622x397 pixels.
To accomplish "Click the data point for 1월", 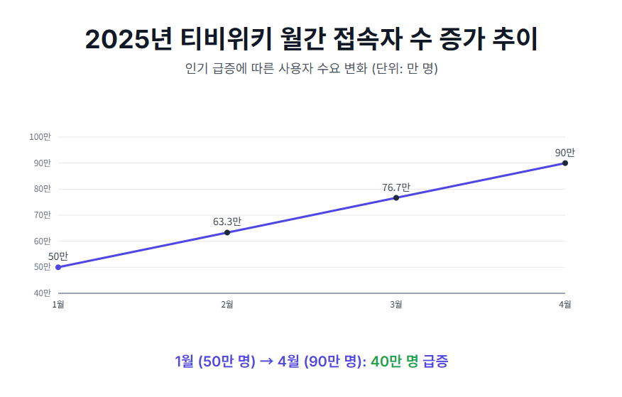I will pos(58,267).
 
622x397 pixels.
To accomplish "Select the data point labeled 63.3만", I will pos(227,232).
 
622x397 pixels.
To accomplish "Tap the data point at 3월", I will pos(396,197).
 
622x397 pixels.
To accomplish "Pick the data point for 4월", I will pos(565,163).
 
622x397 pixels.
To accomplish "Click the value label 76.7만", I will pos(396,187).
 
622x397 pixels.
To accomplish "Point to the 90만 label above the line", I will pos(565,153).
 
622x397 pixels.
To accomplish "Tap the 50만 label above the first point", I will pos(58,256).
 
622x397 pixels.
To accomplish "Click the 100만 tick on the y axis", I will pos(40,137).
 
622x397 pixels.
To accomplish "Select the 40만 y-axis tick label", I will pos(43,293).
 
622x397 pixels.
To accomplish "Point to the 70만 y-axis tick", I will pos(43,215).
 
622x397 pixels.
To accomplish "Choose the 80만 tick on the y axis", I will pos(43,189).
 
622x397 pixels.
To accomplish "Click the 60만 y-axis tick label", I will pos(43,241).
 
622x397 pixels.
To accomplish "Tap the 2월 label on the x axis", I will pos(227,305).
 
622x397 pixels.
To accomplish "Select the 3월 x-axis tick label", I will pos(396,305).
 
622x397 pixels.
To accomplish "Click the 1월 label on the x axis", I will pos(58,305).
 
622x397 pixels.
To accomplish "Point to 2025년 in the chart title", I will pos(129,40).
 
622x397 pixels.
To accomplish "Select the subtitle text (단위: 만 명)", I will pos(405,69).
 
